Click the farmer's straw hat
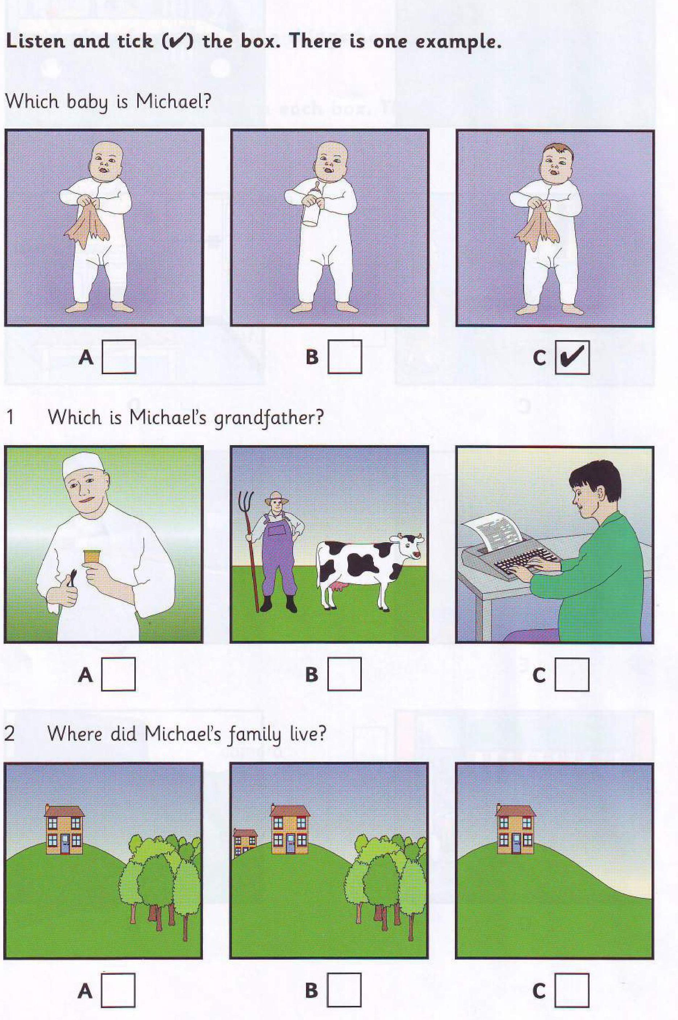[277, 498]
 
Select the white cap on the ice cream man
[83, 464]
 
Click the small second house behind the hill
[244, 842]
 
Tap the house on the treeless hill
[515, 828]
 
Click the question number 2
[9, 734]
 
